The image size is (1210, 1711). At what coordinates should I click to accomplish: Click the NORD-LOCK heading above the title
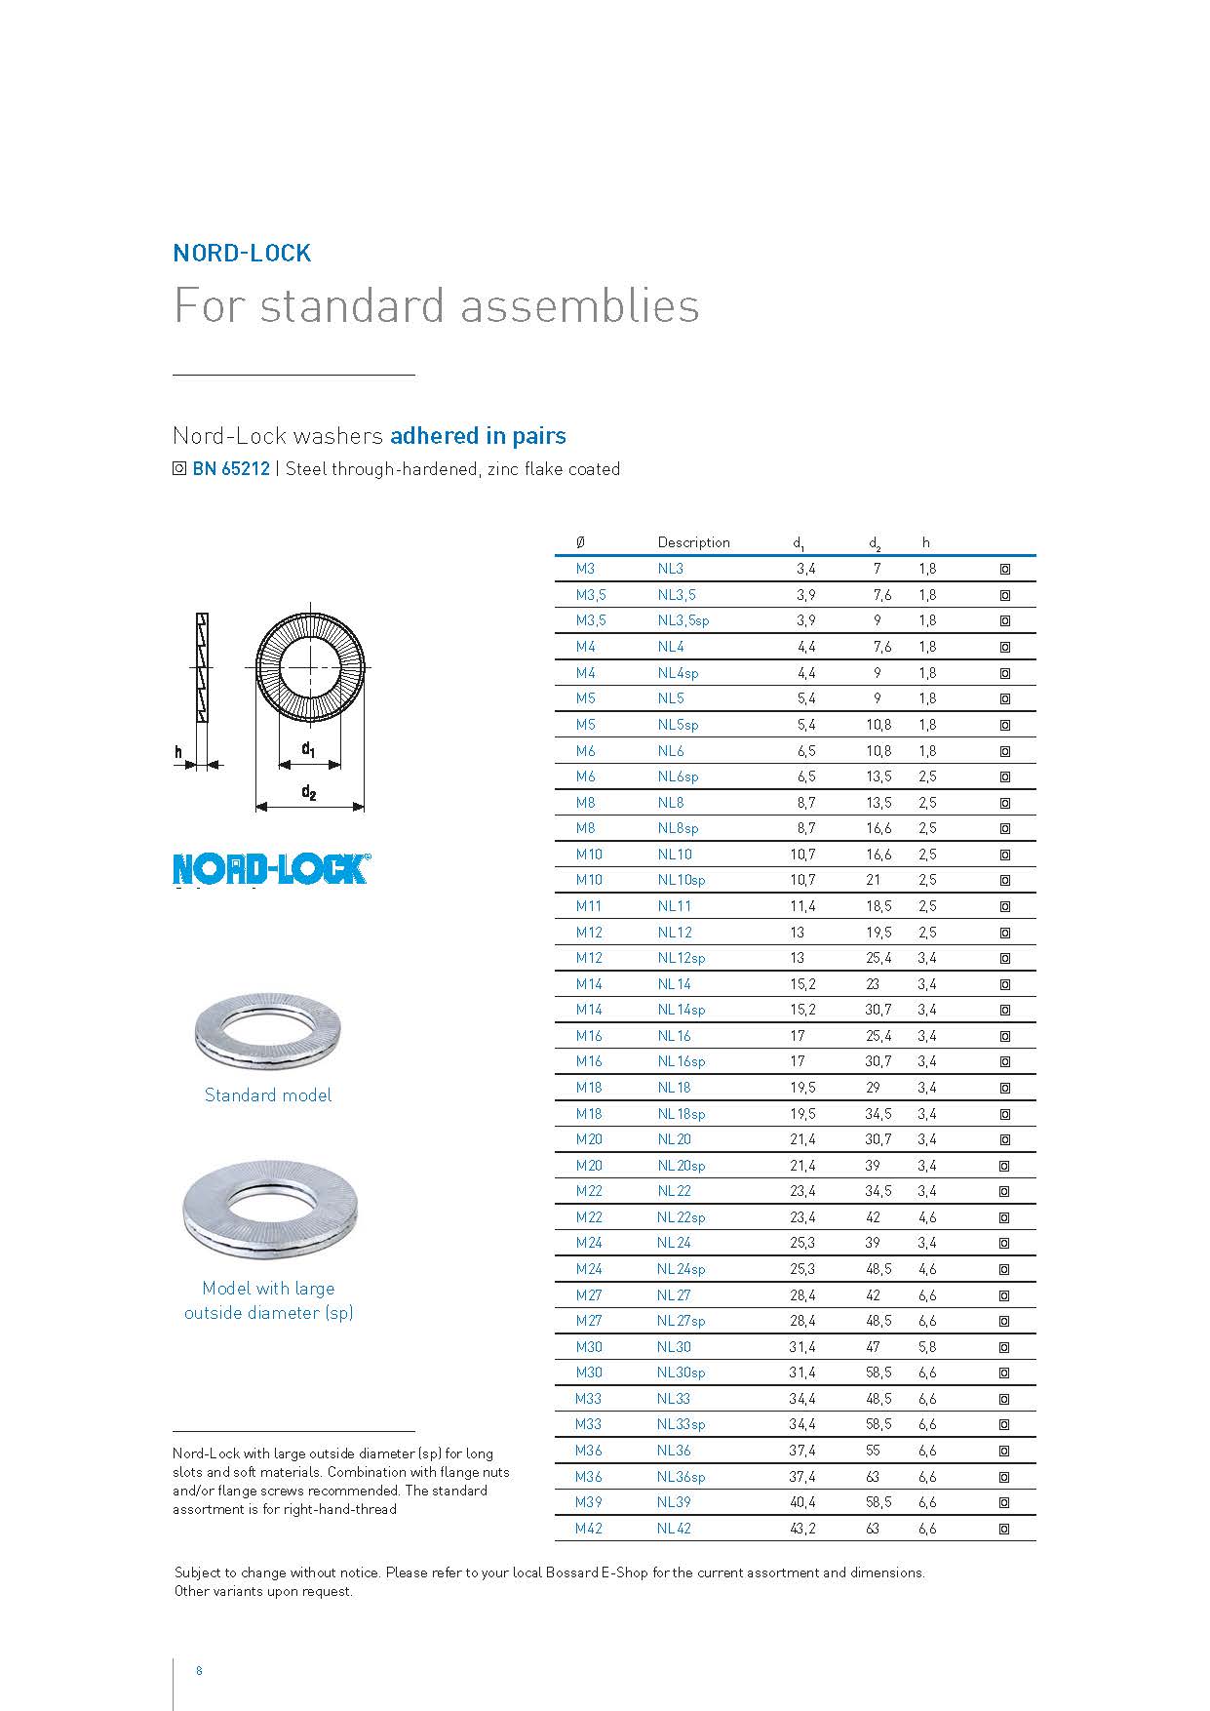[242, 253]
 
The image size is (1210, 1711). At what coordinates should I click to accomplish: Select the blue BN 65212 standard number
[231, 469]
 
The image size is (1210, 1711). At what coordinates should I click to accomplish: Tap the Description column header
[693, 542]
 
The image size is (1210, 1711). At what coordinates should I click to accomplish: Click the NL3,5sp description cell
[683, 620]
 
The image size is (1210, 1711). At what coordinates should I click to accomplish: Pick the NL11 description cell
[674, 906]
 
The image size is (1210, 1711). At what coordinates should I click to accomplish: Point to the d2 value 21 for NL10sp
[873, 880]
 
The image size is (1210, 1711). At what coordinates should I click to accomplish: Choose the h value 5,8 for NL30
[926, 1347]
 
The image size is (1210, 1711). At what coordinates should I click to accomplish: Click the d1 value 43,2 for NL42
[802, 1529]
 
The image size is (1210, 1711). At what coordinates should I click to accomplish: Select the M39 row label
[588, 1502]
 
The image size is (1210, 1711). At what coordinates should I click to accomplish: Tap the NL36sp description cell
[681, 1477]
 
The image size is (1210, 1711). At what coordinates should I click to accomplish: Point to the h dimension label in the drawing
[178, 752]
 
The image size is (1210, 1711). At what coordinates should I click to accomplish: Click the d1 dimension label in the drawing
[308, 749]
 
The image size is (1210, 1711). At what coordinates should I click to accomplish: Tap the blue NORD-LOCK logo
[271, 869]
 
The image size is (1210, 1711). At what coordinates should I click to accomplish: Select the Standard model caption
[268, 1095]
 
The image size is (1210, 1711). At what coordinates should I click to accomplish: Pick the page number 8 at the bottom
[199, 1670]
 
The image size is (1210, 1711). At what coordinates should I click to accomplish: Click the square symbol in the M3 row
[1004, 569]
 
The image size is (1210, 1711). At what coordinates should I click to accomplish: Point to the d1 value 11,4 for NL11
[802, 906]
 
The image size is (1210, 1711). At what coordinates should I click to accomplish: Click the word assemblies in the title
[579, 305]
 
